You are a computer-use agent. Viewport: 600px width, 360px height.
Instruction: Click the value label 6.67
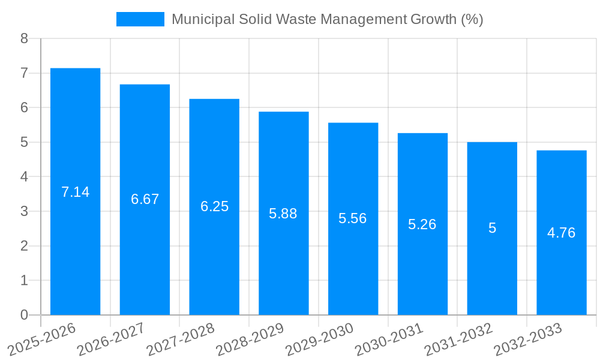(145, 199)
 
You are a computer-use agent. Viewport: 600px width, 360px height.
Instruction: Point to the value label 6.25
(214, 206)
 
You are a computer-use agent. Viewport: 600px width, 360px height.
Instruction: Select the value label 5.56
(352, 218)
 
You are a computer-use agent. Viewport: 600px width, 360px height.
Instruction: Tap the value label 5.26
(422, 224)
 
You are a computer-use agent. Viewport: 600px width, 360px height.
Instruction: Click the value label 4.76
(561, 233)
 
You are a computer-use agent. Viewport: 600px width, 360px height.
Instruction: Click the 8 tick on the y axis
(24, 38)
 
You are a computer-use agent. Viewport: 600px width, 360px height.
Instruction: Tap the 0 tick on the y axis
(24, 315)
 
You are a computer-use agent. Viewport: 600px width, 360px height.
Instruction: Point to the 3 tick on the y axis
(24, 211)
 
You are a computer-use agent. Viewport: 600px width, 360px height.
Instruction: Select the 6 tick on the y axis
(24, 107)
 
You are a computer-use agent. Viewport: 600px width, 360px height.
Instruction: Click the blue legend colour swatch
(140, 19)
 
